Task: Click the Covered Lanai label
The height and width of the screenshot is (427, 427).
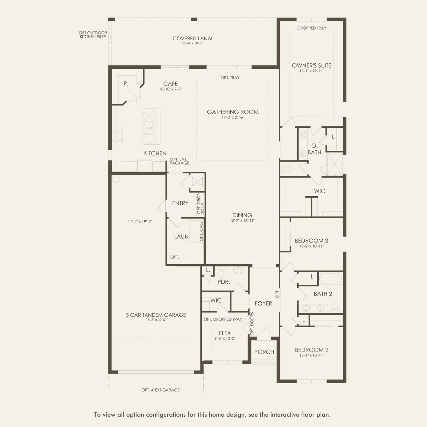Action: pos(192,39)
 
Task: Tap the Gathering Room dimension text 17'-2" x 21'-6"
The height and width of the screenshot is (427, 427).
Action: pos(233,117)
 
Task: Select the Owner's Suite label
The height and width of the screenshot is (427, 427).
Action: pos(312,65)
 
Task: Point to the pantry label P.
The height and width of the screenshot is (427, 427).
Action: pos(126,84)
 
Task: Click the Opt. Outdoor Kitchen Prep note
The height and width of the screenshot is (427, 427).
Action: pos(93,35)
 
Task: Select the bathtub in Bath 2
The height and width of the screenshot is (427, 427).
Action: pos(331,278)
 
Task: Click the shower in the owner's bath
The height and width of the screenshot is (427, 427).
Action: pos(334,164)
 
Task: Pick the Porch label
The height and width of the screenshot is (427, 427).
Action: pos(264,352)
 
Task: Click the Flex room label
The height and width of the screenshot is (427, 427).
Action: pos(225,333)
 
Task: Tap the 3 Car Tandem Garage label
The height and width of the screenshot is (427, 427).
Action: pos(156,315)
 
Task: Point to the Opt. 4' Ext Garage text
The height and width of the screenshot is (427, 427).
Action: pos(160,390)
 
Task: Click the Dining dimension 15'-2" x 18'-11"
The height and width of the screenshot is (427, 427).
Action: pos(242,221)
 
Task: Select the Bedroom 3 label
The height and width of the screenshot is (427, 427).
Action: pos(311,241)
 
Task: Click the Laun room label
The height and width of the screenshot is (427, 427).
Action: pos(181,237)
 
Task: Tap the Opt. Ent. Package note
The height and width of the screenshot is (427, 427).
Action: pos(179,161)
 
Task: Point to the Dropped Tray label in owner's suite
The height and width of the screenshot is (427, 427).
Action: pos(312,28)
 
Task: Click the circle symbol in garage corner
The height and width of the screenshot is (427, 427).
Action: pos(116,179)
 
